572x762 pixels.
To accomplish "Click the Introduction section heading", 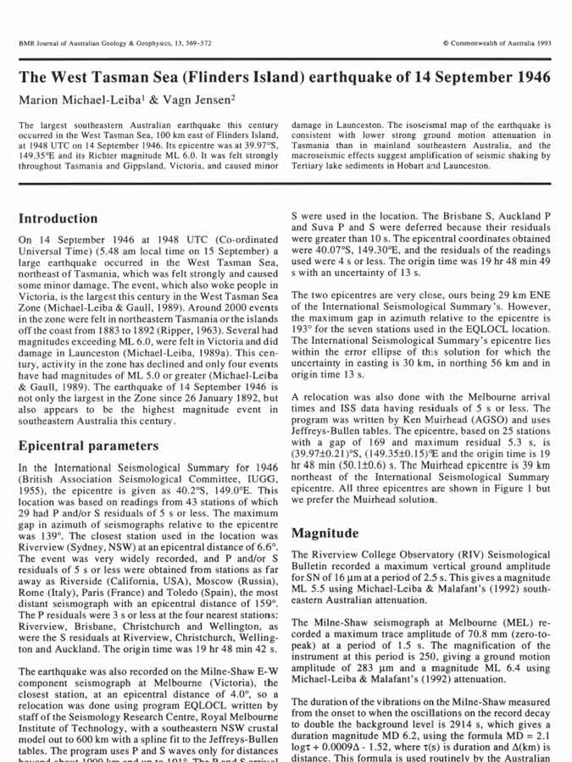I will tap(58, 218).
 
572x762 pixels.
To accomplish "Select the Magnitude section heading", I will tap(325, 533).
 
